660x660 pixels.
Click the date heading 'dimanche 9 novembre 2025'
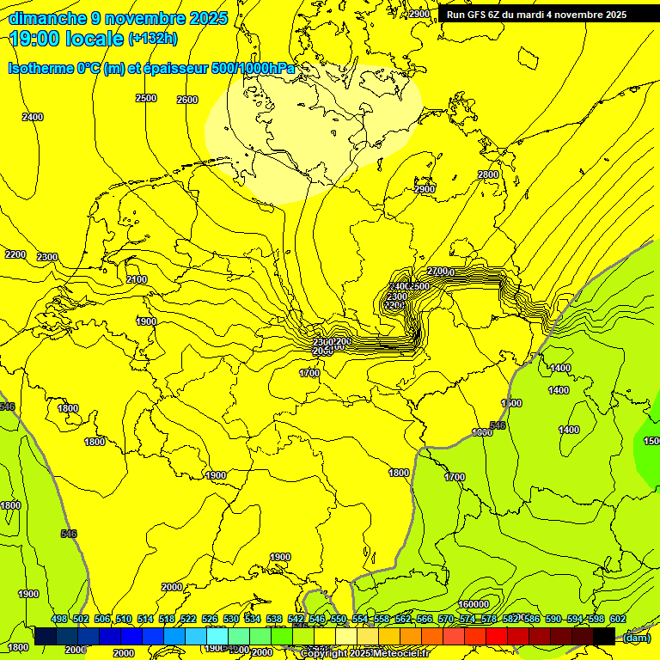[x=118, y=18]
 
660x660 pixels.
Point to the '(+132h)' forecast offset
[x=152, y=38]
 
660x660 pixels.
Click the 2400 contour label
[x=33, y=117]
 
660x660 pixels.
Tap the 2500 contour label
[x=146, y=98]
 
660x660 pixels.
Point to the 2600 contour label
[x=186, y=100]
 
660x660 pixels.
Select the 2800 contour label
[x=487, y=174]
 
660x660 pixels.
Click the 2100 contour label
[x=136, y=279]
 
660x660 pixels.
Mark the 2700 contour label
[x=437, y=272]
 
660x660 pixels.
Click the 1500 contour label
[x=512, y=403]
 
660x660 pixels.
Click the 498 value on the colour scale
[x=59, y=619]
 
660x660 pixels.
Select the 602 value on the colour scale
[x=617, y=619]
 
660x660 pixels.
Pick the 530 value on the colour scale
[x=231, y=619]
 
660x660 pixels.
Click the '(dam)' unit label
[x=636, y=637]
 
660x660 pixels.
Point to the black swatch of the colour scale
[x=604, y=636]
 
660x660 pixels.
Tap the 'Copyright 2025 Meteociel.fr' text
[x=364, y=653]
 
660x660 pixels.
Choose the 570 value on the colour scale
[x=446, y=619]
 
